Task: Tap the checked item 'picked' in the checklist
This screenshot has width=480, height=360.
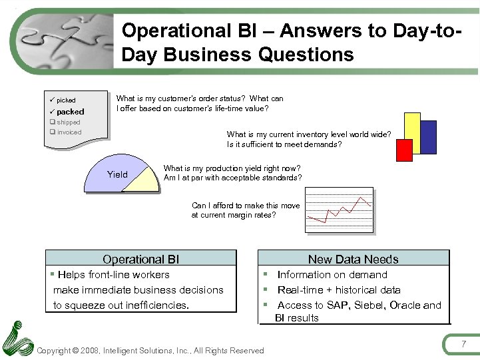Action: [66, 100]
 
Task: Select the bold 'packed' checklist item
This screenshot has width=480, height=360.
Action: [70, 112]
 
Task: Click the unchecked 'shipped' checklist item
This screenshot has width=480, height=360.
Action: [68, 122]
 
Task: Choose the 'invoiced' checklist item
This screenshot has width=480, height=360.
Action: [69, 132]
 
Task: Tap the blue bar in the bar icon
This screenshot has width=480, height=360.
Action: [428, 137]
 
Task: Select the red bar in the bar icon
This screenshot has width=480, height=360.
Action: [404, 150]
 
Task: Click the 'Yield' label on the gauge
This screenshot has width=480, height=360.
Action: [117, 175]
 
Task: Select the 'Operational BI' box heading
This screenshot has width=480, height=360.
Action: [140, 260]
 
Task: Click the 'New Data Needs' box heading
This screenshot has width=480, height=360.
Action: [353, 260]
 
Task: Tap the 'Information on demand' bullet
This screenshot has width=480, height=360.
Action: [332, 275]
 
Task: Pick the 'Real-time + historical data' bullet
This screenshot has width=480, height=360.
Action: [338, 290]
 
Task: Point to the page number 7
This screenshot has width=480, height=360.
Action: [463, 343]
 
